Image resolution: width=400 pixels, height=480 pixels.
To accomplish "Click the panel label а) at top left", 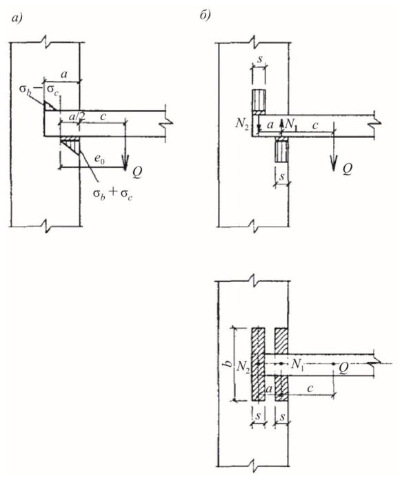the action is tap(17, 19).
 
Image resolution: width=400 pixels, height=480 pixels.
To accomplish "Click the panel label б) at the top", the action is tap(205, 16).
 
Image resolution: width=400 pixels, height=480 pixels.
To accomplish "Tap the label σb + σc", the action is tap(112, 194).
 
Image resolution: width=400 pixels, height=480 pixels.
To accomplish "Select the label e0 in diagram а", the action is tap(99, 159).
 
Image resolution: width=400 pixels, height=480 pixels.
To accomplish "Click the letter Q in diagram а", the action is tap(137, 173).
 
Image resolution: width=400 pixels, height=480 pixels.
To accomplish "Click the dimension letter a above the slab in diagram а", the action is tap(64, 74).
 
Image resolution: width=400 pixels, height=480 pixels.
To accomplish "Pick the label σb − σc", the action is tap(39, 90).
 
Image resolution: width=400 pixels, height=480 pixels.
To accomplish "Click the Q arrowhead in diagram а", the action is tap(125, 162).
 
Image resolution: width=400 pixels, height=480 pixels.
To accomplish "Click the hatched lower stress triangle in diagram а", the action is tap(72, 145).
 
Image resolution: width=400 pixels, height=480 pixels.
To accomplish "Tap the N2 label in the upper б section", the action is tap(242, 124).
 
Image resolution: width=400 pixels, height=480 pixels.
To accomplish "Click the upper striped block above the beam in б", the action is tap(259, 100).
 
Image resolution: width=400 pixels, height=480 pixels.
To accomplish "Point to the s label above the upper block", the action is tap(260, 59).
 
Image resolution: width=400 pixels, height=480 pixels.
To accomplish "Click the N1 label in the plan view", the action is tap(298, 364).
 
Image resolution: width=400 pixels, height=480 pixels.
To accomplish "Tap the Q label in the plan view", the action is tap(343, 368).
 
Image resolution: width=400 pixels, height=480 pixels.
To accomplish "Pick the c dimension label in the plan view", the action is tap(310, 388).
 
